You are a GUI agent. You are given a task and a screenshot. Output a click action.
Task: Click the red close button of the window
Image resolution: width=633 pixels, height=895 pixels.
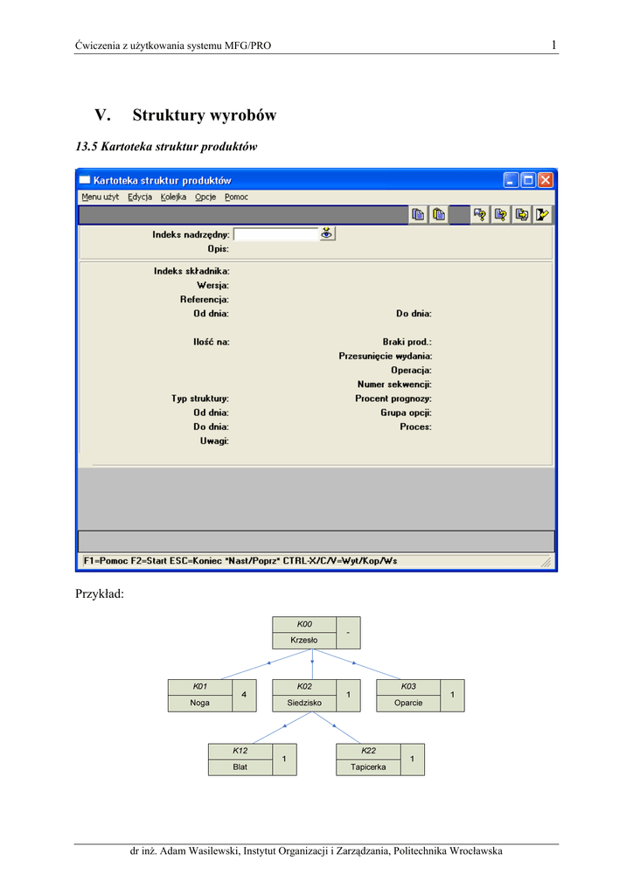[545, 180]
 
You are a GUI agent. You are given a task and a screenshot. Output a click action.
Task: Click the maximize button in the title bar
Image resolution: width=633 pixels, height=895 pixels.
[528, 180]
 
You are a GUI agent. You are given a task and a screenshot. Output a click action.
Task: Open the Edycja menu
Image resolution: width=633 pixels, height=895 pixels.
[140, 197]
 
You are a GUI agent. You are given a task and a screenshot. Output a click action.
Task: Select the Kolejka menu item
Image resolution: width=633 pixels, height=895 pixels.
[173, 197]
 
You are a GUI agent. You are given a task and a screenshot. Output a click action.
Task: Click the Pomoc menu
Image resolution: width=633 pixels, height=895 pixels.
[236, 197]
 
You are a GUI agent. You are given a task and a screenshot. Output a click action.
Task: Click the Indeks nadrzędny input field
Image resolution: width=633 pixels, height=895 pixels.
[276, 234]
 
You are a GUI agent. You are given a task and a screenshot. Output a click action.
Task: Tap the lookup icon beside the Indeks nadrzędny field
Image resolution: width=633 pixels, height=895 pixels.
[326, 233]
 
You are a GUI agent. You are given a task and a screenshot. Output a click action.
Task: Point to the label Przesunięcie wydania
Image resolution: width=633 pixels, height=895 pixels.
[386, 357]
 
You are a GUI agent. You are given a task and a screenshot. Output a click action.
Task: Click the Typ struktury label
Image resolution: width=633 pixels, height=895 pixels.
[199, 399]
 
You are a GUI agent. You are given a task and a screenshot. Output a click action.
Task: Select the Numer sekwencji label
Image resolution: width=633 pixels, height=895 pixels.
[394, 385]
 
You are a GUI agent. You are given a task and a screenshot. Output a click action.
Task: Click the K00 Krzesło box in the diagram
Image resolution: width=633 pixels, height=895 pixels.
[316, 633]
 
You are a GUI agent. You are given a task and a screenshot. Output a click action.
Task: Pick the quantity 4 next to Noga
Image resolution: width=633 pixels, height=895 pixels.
[244, 695]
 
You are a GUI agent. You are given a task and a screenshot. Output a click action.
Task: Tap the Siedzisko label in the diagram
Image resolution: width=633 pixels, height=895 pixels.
[304, 703]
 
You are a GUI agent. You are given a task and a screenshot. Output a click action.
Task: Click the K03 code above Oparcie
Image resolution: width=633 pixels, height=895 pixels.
[408, 686]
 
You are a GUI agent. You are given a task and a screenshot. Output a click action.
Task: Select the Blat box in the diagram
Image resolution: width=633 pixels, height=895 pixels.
[253, 760]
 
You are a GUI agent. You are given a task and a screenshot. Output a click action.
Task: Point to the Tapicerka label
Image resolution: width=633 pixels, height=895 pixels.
[368, 767]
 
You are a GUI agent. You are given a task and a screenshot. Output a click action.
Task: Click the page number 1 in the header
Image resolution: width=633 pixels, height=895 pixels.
[553, 45]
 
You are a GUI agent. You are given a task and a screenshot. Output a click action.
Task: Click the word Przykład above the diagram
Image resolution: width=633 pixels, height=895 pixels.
[100, 593]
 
